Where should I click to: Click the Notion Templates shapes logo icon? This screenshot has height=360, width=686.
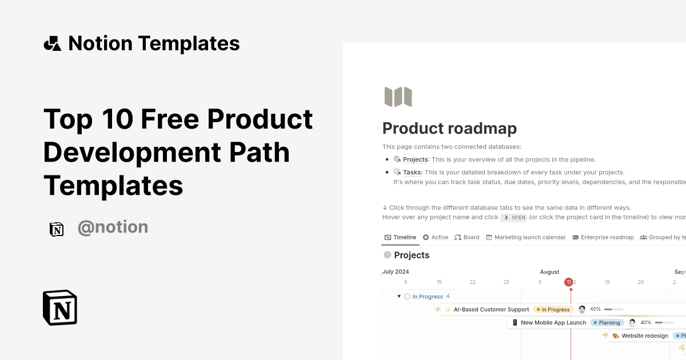(x=52, y=43)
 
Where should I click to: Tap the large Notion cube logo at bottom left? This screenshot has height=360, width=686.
(x=60, y=307)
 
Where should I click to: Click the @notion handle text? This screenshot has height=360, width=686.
(x=113, y=227)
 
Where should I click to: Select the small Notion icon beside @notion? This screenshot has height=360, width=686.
(x=57, y=229)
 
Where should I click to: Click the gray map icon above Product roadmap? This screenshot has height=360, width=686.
(x=398, y=97)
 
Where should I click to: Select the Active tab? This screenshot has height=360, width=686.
(x=436, y=237)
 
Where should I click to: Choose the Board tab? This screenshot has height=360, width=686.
(x=467, y=237)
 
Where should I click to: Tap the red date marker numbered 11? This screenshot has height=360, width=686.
(x=569, y=282)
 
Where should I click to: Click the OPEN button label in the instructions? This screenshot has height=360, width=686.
(x=513, y=218)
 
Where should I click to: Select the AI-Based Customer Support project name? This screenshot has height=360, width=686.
(x=491, y=310)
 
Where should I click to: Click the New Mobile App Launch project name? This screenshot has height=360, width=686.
(x=553, y=323)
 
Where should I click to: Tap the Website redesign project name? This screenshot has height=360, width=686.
(x=644, y=336)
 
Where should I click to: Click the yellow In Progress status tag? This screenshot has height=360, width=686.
(x=553, y=310)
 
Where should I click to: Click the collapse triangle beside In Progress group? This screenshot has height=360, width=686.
(x=399, y=297)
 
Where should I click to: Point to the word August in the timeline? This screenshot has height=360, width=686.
(x=549, y=272)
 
